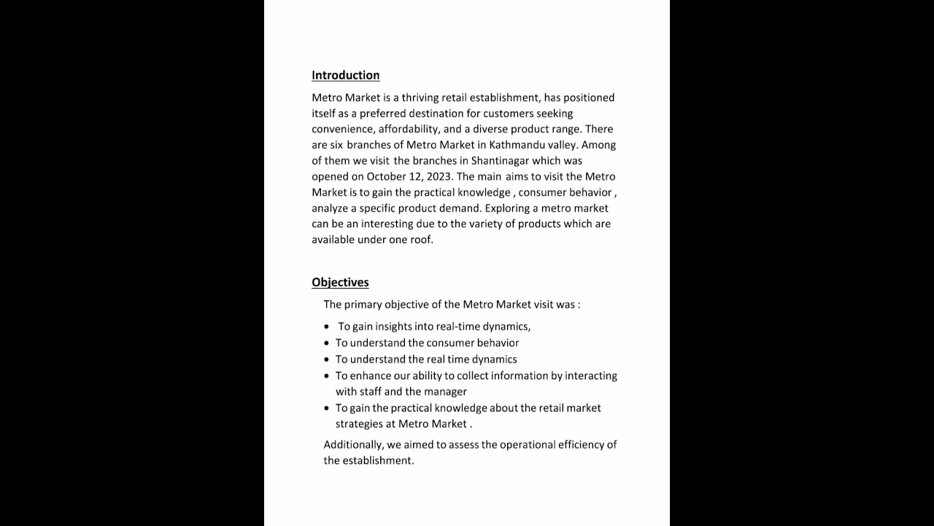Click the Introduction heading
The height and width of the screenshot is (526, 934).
pos(345,75)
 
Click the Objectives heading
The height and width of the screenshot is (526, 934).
pos(340,282)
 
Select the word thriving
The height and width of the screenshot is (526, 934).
pos(422,97)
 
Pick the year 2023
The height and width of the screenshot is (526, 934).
pos(439,176)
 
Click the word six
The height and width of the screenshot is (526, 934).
pos(336,145)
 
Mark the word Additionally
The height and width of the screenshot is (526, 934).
pos(353,444)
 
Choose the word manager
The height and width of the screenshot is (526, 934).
pos(445,392)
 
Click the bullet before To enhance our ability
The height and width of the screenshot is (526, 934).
pos(328,376)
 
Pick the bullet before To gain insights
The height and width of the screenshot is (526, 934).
pos(328,327)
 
